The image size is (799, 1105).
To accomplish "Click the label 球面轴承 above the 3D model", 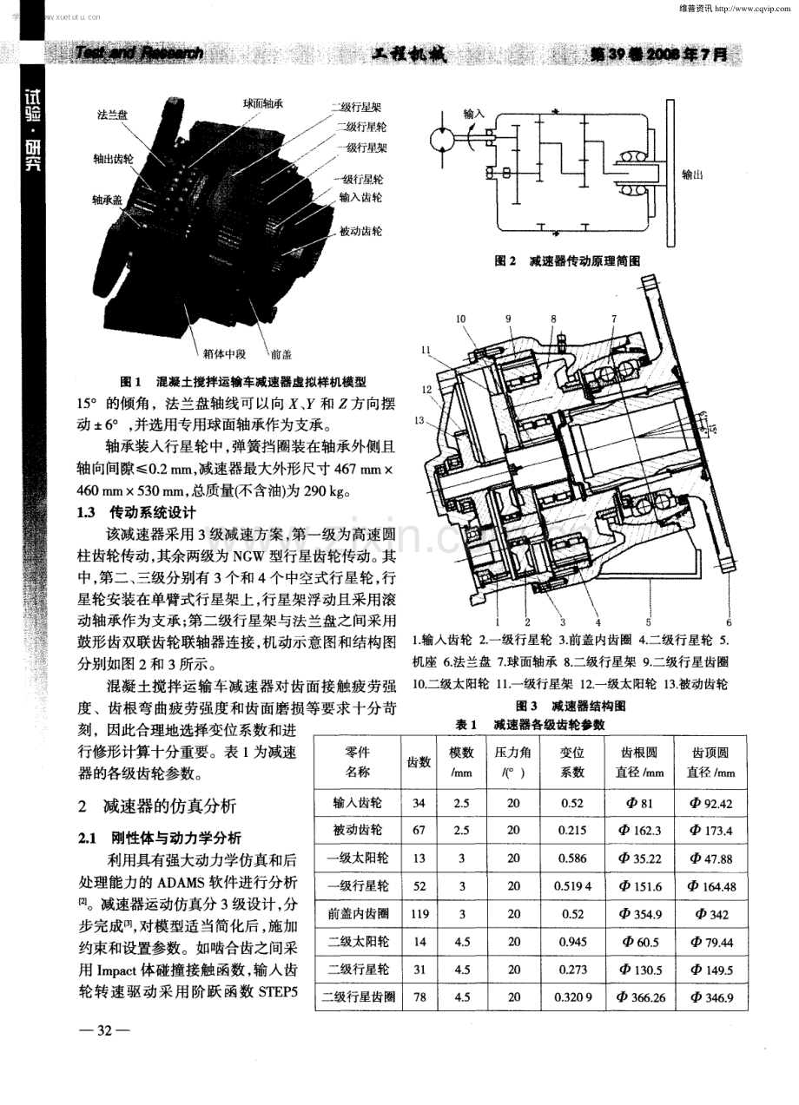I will click(263, 103).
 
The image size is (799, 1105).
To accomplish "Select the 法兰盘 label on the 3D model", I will click(114, 115).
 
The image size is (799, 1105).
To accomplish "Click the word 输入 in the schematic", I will click(473, 114).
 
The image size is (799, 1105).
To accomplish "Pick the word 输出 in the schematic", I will click(692, 174).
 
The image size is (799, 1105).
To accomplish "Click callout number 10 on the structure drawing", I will click(460, 318).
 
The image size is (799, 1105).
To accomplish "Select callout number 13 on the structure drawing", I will click(423, 421).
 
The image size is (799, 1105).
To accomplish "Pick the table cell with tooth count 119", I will click(419, 915).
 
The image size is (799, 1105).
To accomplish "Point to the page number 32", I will click(104, 1030).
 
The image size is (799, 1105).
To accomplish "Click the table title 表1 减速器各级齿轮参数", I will click(531, 723).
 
